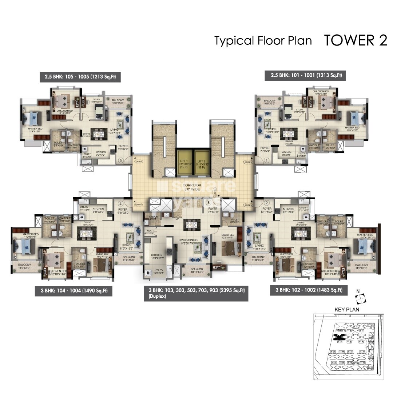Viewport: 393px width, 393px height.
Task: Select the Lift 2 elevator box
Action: coord(202,163)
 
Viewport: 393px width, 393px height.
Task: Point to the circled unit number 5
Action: coord(121,159)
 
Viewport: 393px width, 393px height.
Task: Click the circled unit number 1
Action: coord(266,159)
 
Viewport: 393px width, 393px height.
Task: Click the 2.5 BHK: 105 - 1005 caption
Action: coord(80,77)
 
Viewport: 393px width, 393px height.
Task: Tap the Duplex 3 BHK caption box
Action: coord(196,293)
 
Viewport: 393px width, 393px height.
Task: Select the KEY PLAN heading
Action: coord(346,310)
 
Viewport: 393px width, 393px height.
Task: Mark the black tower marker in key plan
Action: coord(339,337)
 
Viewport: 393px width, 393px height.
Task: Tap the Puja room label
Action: coord(149,232)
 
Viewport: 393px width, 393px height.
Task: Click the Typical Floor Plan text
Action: coord(263,41)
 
